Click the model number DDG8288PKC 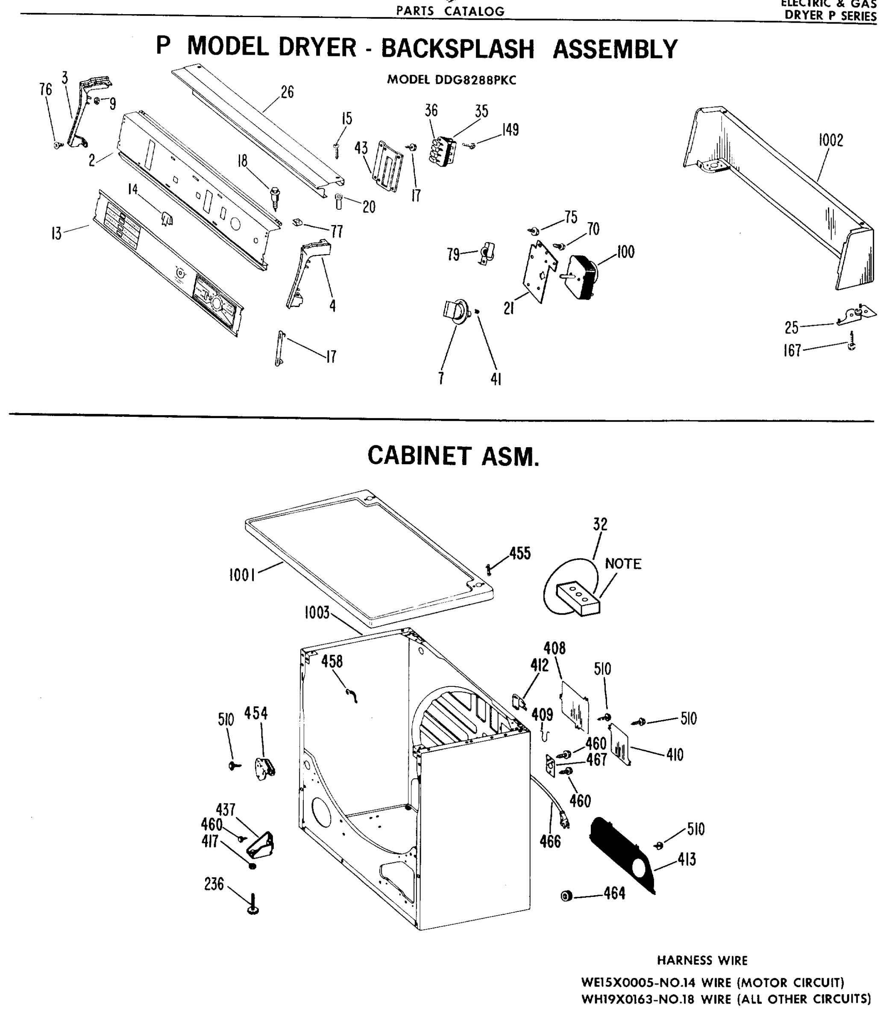pos(475,80)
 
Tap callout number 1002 pos(830,141)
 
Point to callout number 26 pos(287,93)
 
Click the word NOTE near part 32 pos(623,564)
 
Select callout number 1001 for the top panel pos(242,575)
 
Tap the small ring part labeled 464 pos(566,896)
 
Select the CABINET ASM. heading pos(453,456)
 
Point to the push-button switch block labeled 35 pos(443,151)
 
